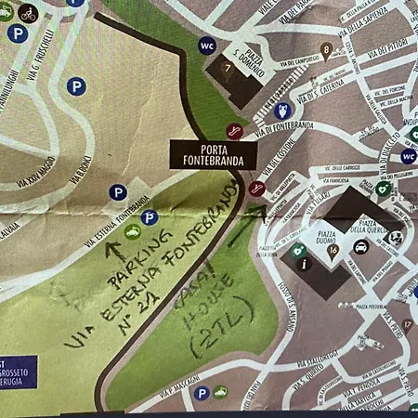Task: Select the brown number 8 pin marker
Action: pyautogui.click(x=325, y=50)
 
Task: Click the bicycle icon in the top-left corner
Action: pyautogui.click(x=28, y=13)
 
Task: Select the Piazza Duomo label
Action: pyautogui.click(x=323, y=225)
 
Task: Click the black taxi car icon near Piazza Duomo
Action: pyautogui.click(x=360, y=247)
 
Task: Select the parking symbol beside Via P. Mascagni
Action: pyautogui.click(x=201, y=394)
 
